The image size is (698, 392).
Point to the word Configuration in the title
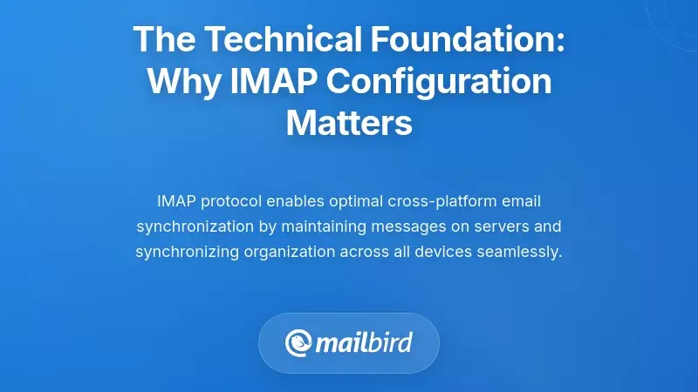pos(444,82)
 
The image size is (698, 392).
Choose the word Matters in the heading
pos(349,123)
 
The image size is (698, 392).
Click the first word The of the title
pos(163,39)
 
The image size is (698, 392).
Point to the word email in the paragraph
pos(523,201)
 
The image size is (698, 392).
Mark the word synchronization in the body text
pos(188,226)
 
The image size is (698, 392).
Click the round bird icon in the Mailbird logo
pos(299,342)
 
